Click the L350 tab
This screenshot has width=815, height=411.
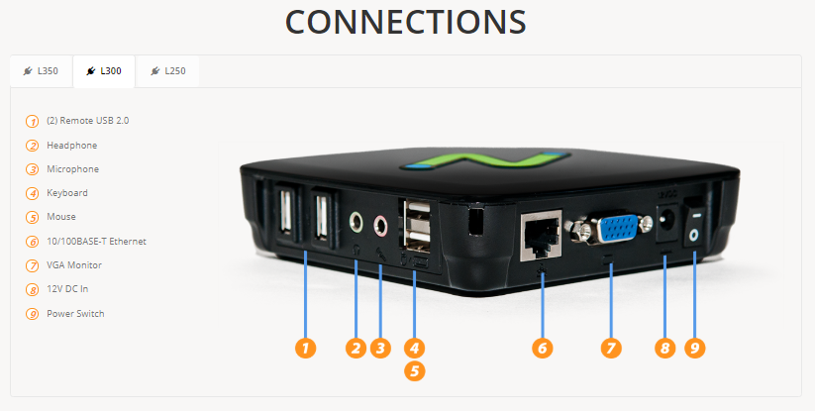[41, 71]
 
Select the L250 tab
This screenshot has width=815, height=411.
[167, 71]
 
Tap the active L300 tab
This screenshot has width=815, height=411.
[104, 71]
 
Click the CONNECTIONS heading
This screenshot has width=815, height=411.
[406, 22]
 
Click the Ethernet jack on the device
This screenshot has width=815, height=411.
[541, 235]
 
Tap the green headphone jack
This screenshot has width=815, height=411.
[357, 222]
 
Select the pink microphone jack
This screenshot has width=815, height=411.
[381, 225]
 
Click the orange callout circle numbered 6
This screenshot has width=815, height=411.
[542, 348]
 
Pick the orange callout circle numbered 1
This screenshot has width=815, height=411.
[306, 348]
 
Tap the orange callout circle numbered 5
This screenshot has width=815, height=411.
[414, 371]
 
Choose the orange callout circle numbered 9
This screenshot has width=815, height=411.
[695, 348]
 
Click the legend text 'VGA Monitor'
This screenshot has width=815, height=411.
[74, 265]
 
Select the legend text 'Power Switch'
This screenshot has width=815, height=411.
[75, 313]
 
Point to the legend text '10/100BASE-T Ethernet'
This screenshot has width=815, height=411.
[97, 241]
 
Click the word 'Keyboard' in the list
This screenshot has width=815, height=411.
[67, 193]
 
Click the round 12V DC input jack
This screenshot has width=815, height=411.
[664, 222]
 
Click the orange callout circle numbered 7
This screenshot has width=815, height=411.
[611, 348]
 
